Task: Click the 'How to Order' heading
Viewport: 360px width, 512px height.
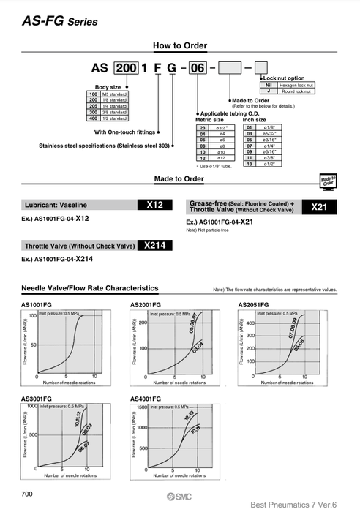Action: pos(179,46)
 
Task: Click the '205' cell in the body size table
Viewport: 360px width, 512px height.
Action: pos(93,106)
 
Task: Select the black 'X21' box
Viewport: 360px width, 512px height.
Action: pos(320,207)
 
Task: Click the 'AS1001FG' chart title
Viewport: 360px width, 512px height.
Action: pos(36,304)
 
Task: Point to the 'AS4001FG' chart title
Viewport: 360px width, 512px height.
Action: pos(144,399)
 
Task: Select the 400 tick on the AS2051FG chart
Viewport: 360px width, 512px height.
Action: pos(250,323)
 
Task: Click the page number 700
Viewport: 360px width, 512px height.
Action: pos(29,495)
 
